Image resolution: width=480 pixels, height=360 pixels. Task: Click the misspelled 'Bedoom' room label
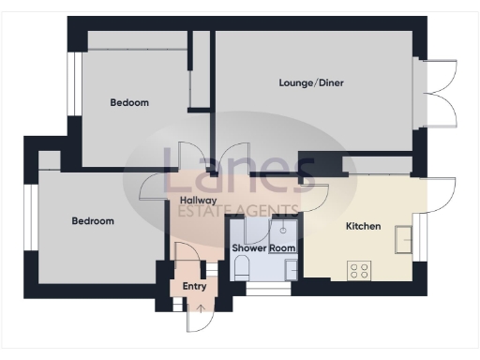pyautogui.click(x=129, y=102)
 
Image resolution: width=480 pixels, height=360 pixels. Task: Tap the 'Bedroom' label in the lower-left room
pyautogui.click(x=93, y=221)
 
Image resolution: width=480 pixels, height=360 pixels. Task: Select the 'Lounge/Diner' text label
pyautogui.click(x=311, y=83)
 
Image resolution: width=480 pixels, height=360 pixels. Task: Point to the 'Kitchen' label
pyautogui.click(x=363, y=227)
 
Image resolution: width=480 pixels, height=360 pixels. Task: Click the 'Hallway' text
pyautogui.click(x=198, y=201)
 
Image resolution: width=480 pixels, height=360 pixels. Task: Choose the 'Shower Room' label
pyautogui.click(x=263, y=247)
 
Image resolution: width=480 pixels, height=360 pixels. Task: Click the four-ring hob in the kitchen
pyautogui.click(x=359, y=270)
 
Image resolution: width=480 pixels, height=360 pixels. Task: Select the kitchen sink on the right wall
pyautogui.click(x=405, y=240)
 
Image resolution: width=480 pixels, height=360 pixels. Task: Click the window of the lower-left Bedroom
pyautogui.click(x=31, y=221)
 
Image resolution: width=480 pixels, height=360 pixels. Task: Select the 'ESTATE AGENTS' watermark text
pyautogui.click(x=238, y=211)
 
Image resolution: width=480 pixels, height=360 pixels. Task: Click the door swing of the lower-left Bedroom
pyautogui.click(x=155, y=187)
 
